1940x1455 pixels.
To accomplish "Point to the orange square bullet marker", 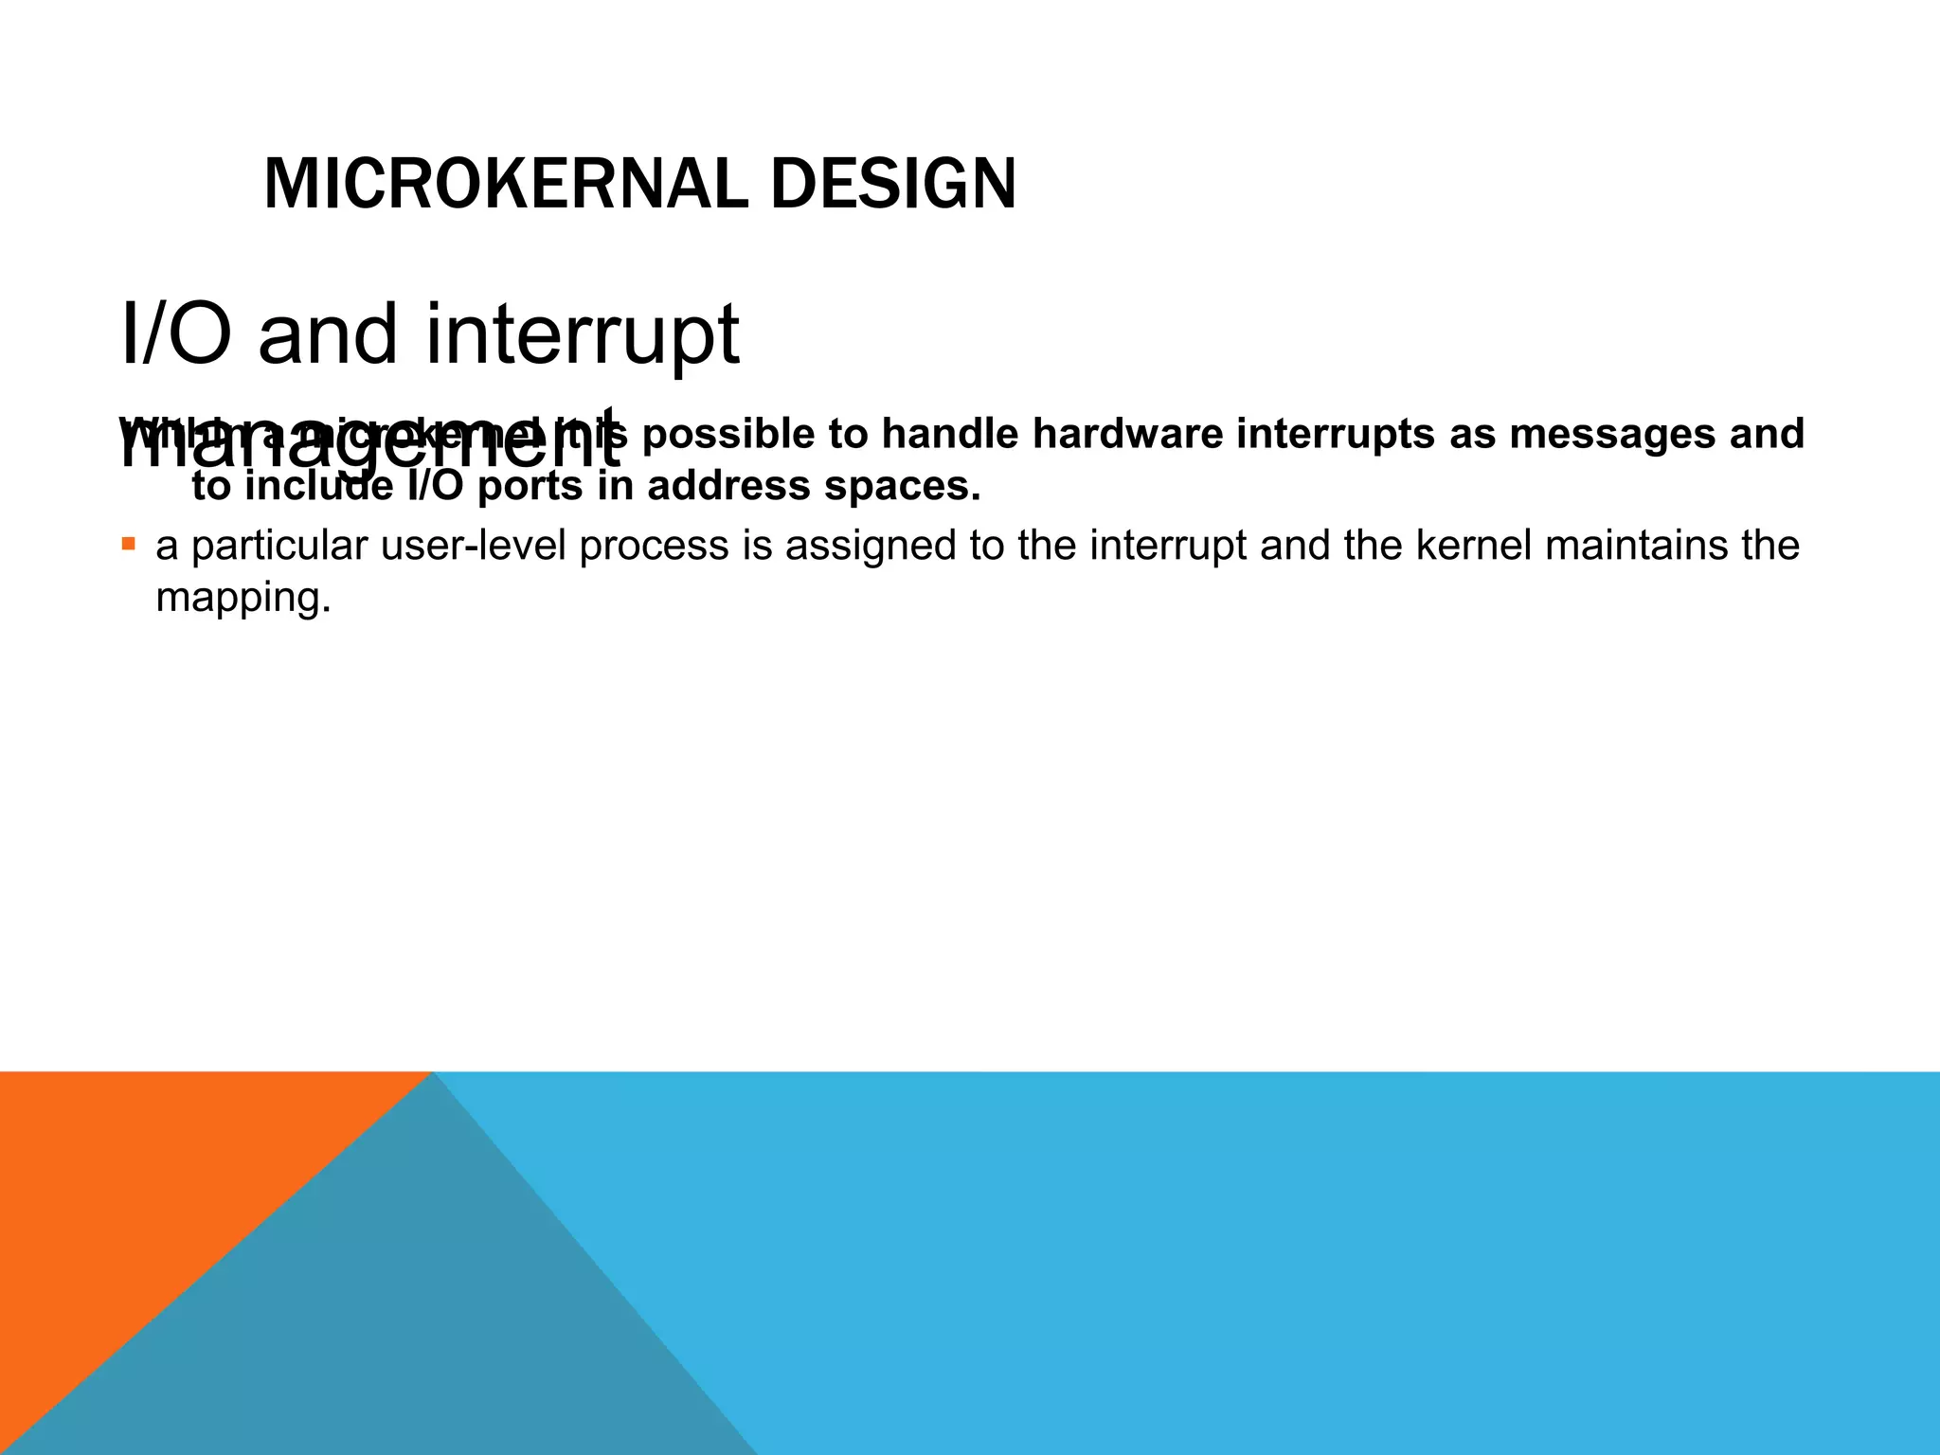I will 129,544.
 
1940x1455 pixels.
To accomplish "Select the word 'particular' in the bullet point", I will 279,546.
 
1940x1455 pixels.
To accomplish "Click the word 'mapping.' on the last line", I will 243,599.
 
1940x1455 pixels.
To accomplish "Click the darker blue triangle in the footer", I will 426,1326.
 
